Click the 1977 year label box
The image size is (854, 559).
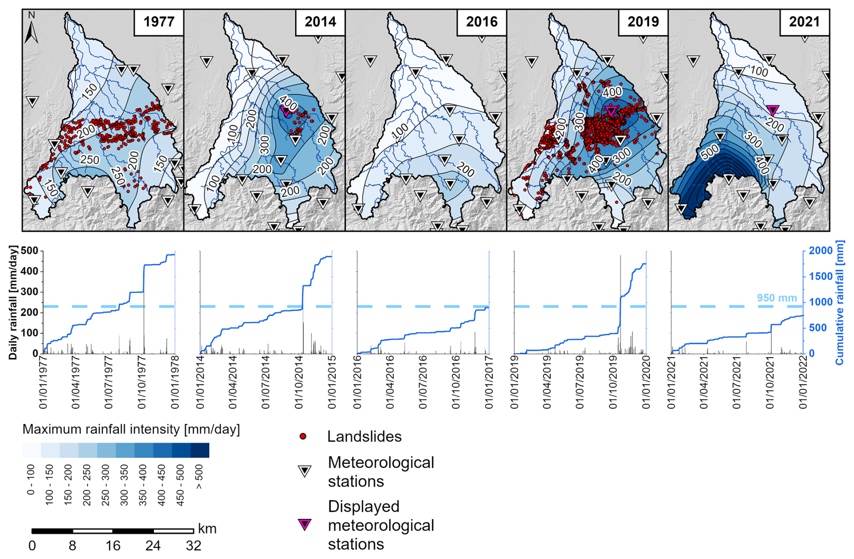point(158,22)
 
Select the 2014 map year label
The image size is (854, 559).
point(320,22)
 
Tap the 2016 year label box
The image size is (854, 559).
point(482,22)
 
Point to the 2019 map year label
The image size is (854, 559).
point(643,22)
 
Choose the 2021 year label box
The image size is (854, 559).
point(804,22)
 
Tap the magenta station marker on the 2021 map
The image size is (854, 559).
point(773,110)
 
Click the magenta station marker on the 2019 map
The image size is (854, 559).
point(611,111)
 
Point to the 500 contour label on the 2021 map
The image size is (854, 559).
point(710,153)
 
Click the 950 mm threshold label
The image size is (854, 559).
point(776,298)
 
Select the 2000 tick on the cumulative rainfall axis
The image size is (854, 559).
point(820,251)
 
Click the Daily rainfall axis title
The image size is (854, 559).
point(13,303)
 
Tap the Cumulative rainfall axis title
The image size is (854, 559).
point(840,303)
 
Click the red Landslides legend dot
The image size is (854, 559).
point(303,436)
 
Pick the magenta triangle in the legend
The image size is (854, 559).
point(305,525)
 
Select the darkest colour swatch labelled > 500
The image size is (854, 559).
point(200,450)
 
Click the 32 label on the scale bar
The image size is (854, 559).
point(193,546)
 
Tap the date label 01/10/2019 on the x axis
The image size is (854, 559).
point(613,382)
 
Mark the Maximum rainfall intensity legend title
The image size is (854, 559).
point(131,429)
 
